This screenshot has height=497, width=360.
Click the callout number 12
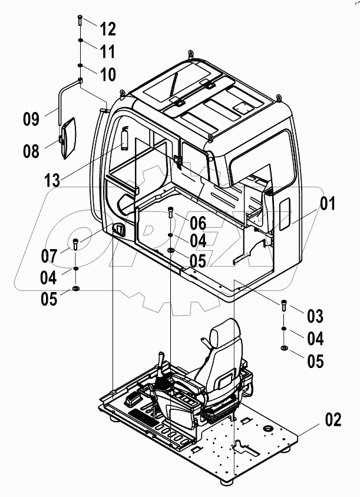click(x=107, y=28)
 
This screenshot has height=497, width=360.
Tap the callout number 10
click(x=107, y=75)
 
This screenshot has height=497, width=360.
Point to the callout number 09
click(x=31, y=120)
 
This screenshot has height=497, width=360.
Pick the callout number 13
click(x=52, y=180)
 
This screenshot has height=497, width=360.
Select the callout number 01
click(x=328, y=204)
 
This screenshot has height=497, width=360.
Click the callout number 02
click(x=333, y=420)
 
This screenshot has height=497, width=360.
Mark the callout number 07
click(x=49, y=256)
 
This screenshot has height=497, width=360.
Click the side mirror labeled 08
click(x=68, y=138)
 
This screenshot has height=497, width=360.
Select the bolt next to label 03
click(x=284, y=305)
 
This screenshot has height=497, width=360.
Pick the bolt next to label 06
click(x=170, y=213)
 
